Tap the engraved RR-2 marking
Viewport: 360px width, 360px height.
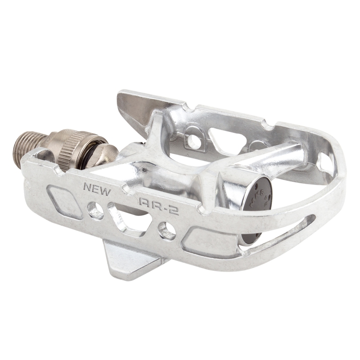pyautogui.click(x=159, y=205)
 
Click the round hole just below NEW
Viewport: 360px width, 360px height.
pyautogui.click(x=95, y=210)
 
